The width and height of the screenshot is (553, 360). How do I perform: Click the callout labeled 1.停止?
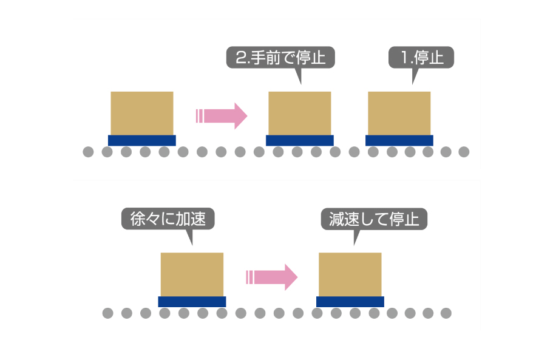[x=421, y=58]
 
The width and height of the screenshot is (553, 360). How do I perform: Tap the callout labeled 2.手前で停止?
[x=280, y=58]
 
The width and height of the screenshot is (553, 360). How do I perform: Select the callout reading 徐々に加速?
[x=169, y=219]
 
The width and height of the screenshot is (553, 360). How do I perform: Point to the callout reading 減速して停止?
[x=374, y=219]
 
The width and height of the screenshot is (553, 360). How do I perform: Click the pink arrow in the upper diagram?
[x=223, y=115]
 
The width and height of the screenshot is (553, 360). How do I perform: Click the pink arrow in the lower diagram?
[x=273, y=277]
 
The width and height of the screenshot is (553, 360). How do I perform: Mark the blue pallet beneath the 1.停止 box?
[x=399, y=141]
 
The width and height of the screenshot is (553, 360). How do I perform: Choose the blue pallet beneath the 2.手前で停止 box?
[x=299, y=141]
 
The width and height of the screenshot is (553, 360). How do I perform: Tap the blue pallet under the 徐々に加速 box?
[x=192, y=302]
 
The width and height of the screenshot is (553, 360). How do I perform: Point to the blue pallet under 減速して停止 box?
[x=350, y=302]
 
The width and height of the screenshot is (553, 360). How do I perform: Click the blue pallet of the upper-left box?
[x=142, y=141]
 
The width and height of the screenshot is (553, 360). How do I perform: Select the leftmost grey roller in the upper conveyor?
[x=88, y=152]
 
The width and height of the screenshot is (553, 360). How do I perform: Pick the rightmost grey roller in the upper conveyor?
[x=464, y=152]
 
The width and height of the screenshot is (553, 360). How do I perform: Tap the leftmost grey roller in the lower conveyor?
[x=107, y=313]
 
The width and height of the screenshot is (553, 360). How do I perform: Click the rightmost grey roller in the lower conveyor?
[x=446, y=313]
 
